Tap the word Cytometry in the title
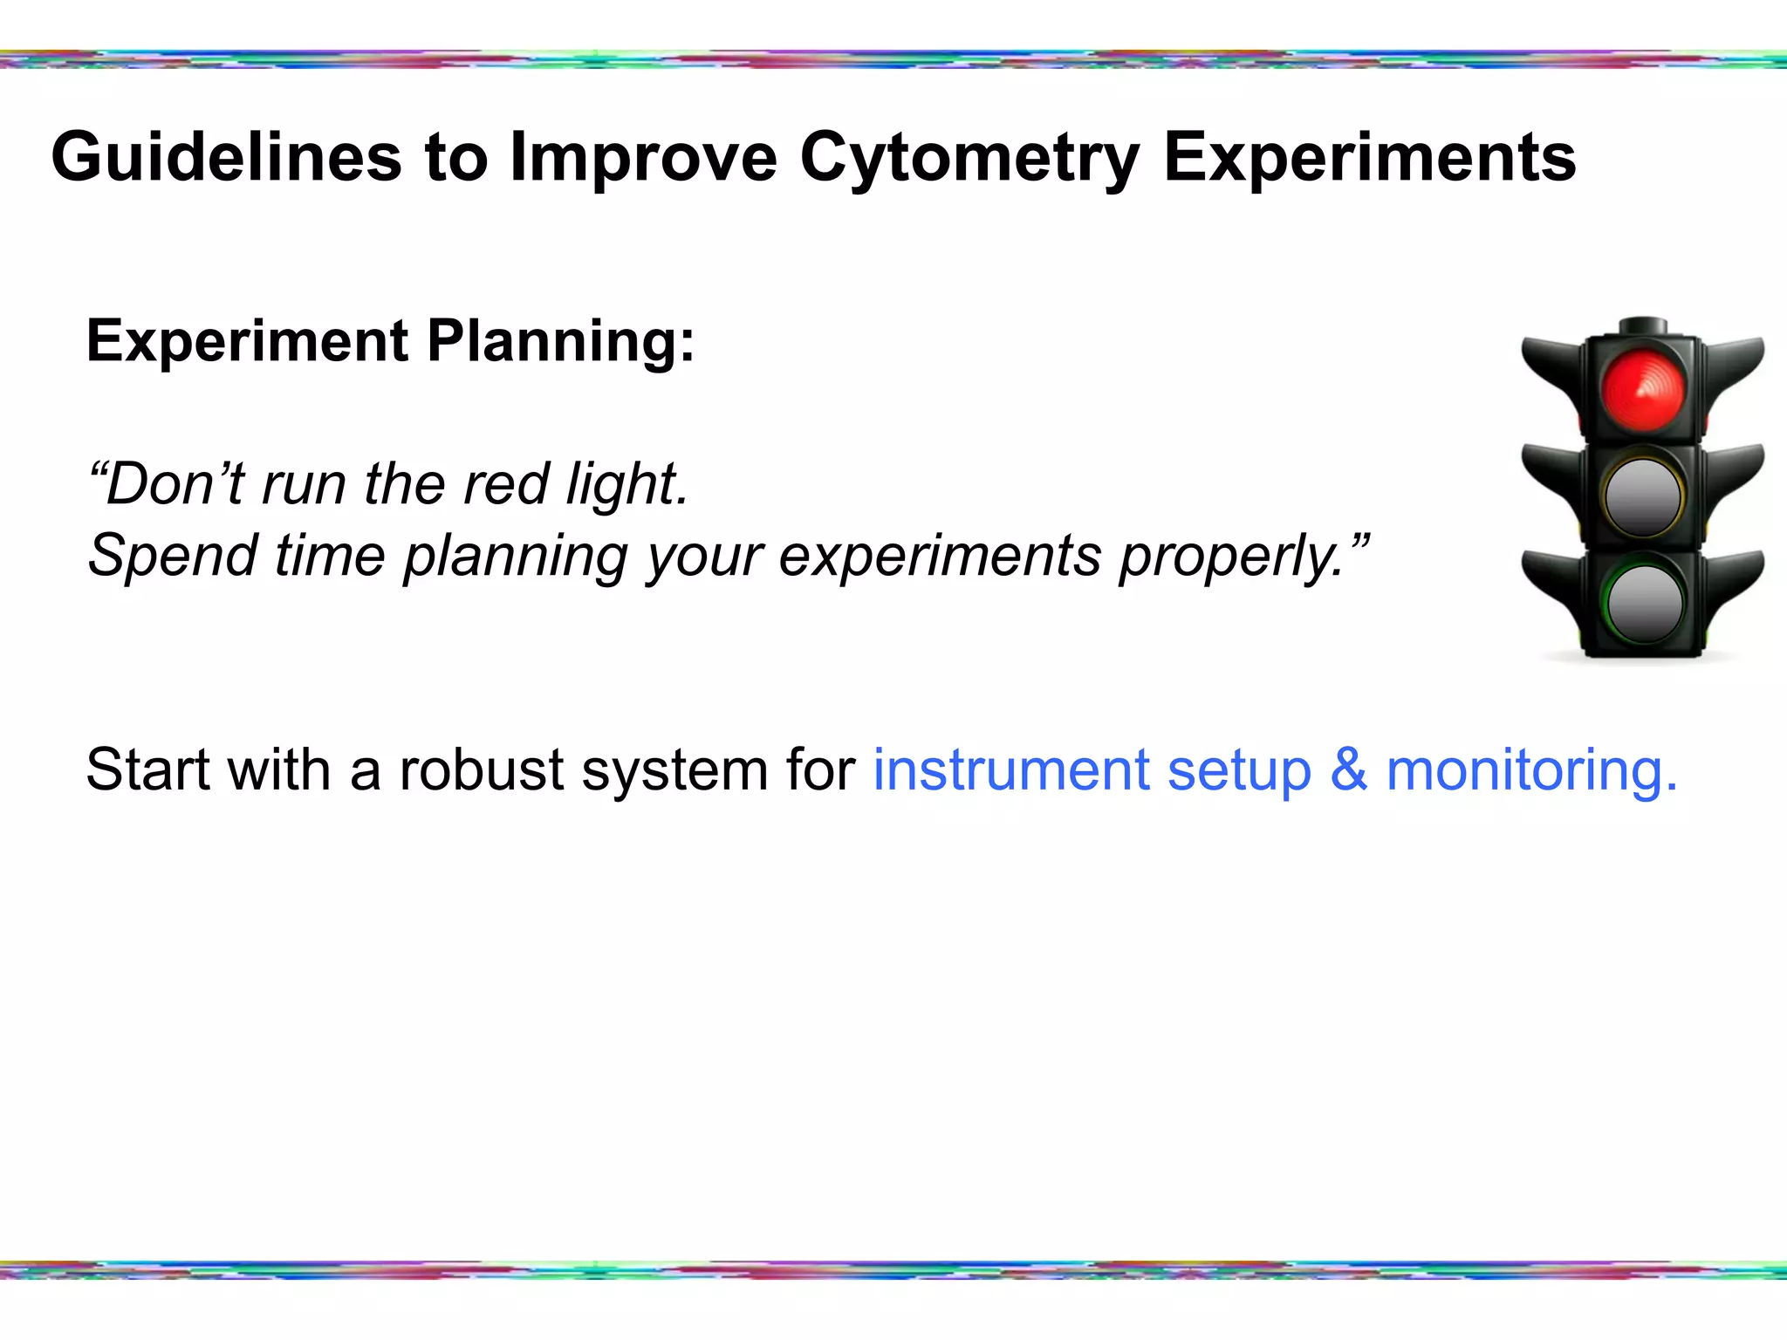tap(969, 158)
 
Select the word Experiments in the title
tap(1369, 158)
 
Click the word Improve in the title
tap(643, 158)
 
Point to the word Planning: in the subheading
tap(561, 341)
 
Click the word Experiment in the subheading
tap(247, 341)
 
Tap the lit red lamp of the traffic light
tap(1643, 389)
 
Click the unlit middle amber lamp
tap(1643, 496)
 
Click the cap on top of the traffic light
tap(1643, 326)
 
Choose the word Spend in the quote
tap(173, 556)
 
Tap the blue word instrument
tap(1010, 770)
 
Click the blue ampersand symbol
tap(1348, 770)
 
